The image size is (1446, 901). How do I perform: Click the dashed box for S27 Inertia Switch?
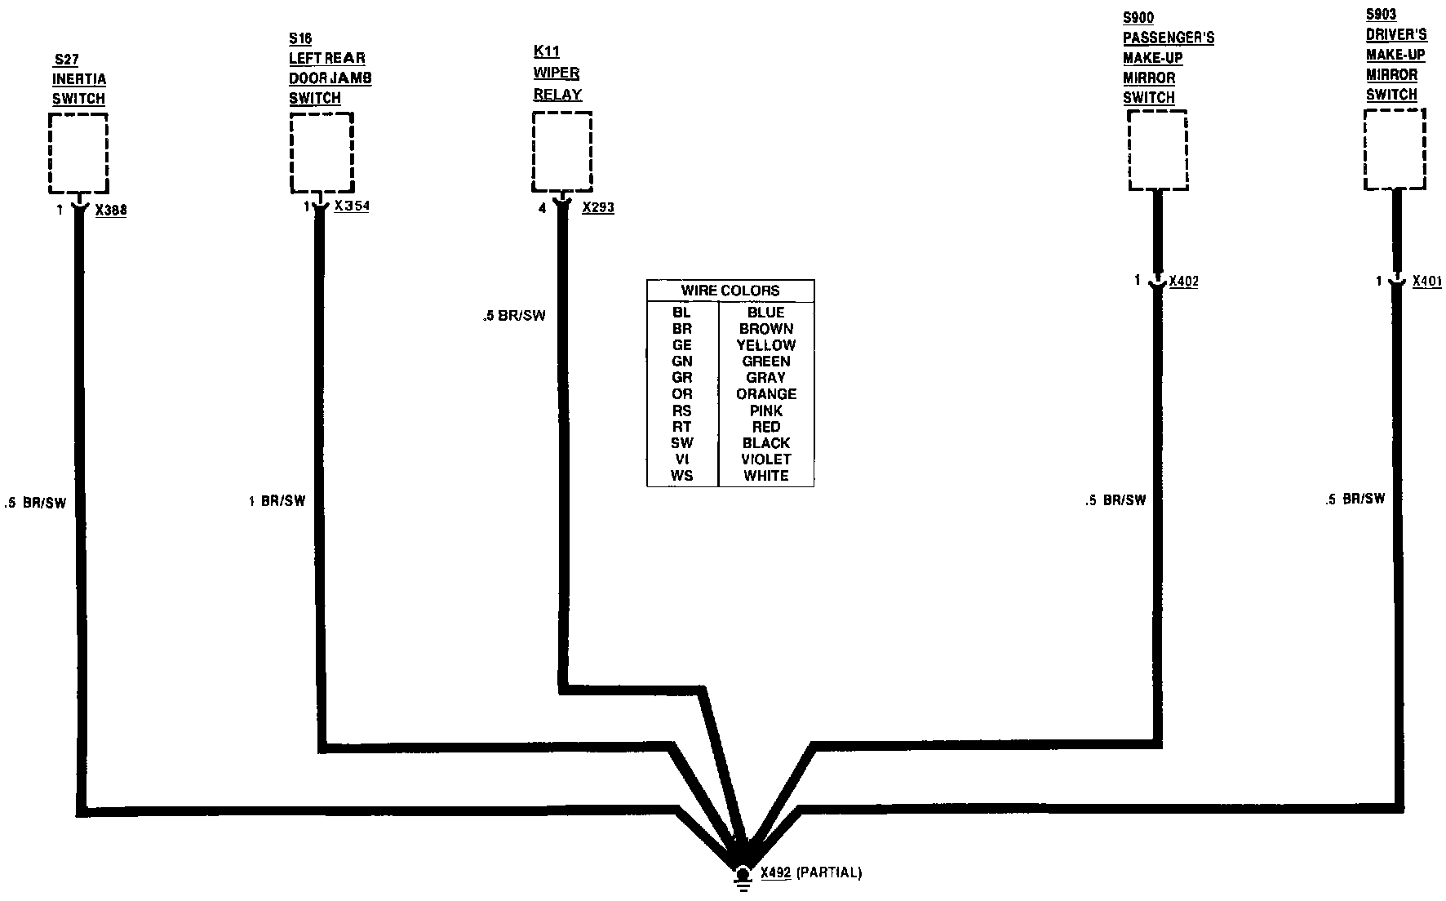point(78,153)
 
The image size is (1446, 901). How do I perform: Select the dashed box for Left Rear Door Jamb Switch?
point(322,153)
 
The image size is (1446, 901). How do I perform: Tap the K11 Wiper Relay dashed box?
point(561,153)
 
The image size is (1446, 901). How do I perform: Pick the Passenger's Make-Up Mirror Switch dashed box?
point(1157,150)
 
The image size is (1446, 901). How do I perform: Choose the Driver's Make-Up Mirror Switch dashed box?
point(1395,149)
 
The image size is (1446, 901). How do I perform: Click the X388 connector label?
point(111,211)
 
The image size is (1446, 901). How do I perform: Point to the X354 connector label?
point(352,206)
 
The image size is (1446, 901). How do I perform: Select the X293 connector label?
point(598,208)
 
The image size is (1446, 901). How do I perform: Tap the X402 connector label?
point(1183,282)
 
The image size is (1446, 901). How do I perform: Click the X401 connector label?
point(1426,282)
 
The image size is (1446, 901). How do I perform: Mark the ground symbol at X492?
point(742,875)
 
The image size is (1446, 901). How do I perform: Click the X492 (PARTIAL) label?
point(811,873)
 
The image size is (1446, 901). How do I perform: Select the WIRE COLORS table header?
point(730,291)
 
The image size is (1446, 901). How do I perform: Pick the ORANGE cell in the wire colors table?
point(765,394)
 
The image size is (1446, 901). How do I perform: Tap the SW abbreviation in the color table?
point(681,443)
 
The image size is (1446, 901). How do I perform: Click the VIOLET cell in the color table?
point(765,459)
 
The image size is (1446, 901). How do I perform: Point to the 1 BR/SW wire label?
point(277,501)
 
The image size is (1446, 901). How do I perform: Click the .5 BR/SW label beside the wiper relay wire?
point(513,316)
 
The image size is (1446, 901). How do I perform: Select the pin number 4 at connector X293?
point(542,209)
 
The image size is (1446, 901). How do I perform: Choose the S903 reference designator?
point(1382,15)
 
